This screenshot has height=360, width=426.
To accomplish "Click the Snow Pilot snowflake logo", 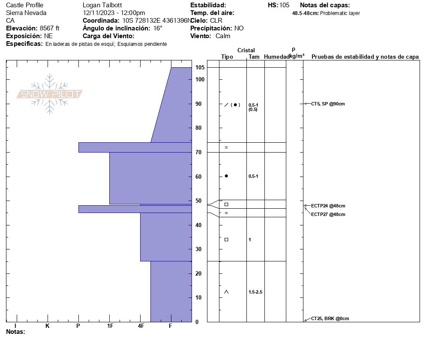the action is pos(49,94).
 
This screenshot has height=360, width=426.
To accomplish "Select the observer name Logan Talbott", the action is pos(102,5).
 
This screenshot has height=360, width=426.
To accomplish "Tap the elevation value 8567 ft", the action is pos(49,28).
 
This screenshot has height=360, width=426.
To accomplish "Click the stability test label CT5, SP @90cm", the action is pos(328,104).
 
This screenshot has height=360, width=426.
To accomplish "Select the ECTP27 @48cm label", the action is pos(328,214).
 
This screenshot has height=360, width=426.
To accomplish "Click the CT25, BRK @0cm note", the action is pos(330,318).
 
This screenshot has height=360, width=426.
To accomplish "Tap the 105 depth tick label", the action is pos(200,67).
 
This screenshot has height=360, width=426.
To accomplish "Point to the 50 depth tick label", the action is pos(198,201).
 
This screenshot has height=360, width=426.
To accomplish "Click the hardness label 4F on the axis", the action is pos(141,326).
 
